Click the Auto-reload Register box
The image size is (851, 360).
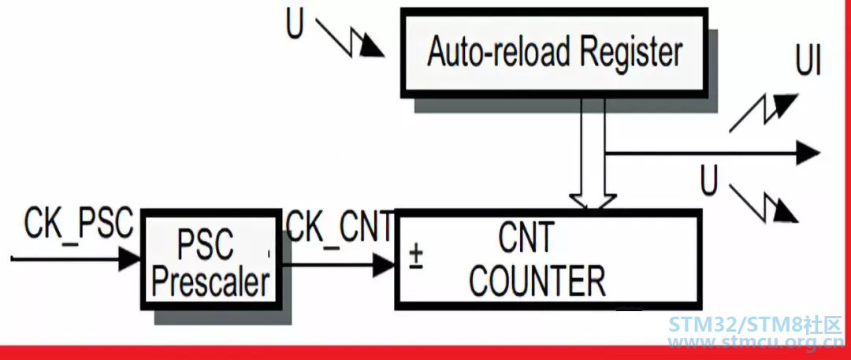[x=554, y=54]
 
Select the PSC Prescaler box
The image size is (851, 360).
[x=212, y=260]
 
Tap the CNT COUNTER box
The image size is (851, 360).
[x=548, y=259]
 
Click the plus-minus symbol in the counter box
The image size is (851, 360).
[x=416, y=258]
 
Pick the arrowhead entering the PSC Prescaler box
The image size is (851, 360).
[x=130, y=259]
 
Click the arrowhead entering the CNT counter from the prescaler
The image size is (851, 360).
[x=385, y=265]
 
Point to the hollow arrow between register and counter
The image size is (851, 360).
[x=594, y=154]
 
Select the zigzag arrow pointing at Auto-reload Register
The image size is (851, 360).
[x=350, y=38]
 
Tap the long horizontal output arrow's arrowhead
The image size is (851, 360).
[x=808, y=153]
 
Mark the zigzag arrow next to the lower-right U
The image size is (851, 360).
[x=764, y=203]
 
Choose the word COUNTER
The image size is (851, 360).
[x=537, y=280]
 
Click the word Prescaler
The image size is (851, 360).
[x=211, y=282]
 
